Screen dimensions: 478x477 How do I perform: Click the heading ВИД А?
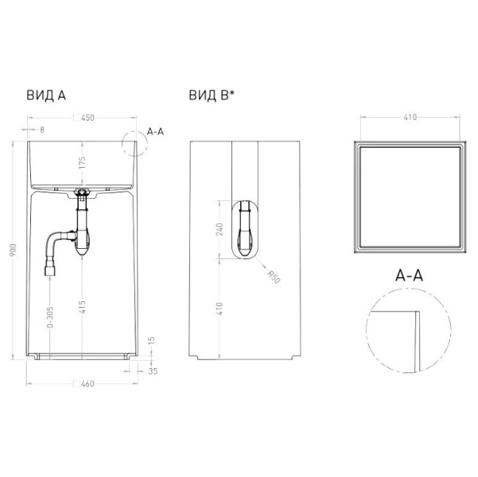tap(46, 95)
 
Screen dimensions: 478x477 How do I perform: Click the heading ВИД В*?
tap(212, 95)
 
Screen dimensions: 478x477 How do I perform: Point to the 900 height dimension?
tap(14, 250)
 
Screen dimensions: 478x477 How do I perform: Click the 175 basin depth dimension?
tap(82, 163)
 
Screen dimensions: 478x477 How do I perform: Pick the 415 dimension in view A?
tap(82, 307)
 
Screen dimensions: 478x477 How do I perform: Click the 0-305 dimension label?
tap(50, 317)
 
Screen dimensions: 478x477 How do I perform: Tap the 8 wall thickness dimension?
tap(42, 130)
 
